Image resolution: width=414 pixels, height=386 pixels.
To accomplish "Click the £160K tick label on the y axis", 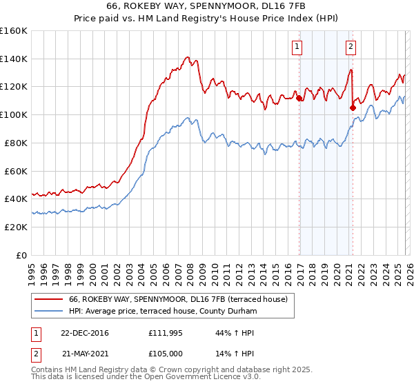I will click(x=14, y=31).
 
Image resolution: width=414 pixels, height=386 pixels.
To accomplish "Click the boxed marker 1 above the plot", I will click(x=297, y=47).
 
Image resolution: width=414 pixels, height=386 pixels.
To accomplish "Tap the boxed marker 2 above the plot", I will click(x=351, y=47).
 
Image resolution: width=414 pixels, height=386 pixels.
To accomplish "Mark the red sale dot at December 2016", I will click(x=299, y=98).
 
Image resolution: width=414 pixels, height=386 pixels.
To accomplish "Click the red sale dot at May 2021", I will click(x=353, y=108).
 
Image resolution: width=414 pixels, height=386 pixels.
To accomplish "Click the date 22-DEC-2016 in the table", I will click(x=84, y=333).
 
